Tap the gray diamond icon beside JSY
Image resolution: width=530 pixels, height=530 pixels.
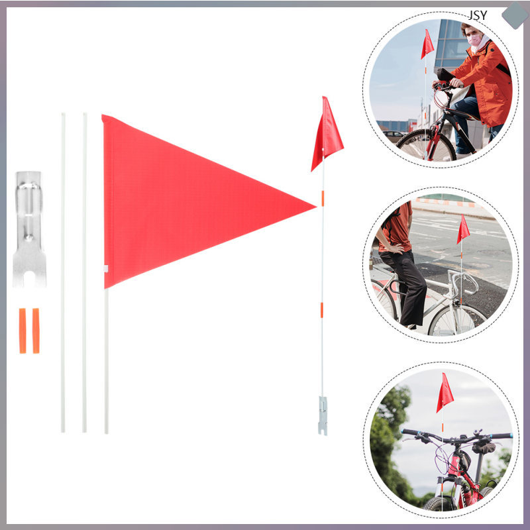point(515,15)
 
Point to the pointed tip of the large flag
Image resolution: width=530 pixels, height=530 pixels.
point(314,207)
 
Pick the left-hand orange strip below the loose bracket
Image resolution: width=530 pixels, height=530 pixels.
point(23,331)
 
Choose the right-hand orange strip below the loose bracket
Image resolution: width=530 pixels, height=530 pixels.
point(36,331)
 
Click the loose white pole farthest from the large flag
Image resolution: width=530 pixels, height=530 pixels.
point(64,272)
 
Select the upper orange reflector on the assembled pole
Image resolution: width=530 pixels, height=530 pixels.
point(323,197)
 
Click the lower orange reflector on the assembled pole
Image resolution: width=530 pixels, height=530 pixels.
point(323,310)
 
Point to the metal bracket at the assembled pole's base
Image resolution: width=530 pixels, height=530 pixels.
point(323,415)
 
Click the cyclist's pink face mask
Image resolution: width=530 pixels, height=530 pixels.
point(475,40)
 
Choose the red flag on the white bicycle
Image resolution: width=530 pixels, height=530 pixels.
point(462,229)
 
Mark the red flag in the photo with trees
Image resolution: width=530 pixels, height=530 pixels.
point(445,394)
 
